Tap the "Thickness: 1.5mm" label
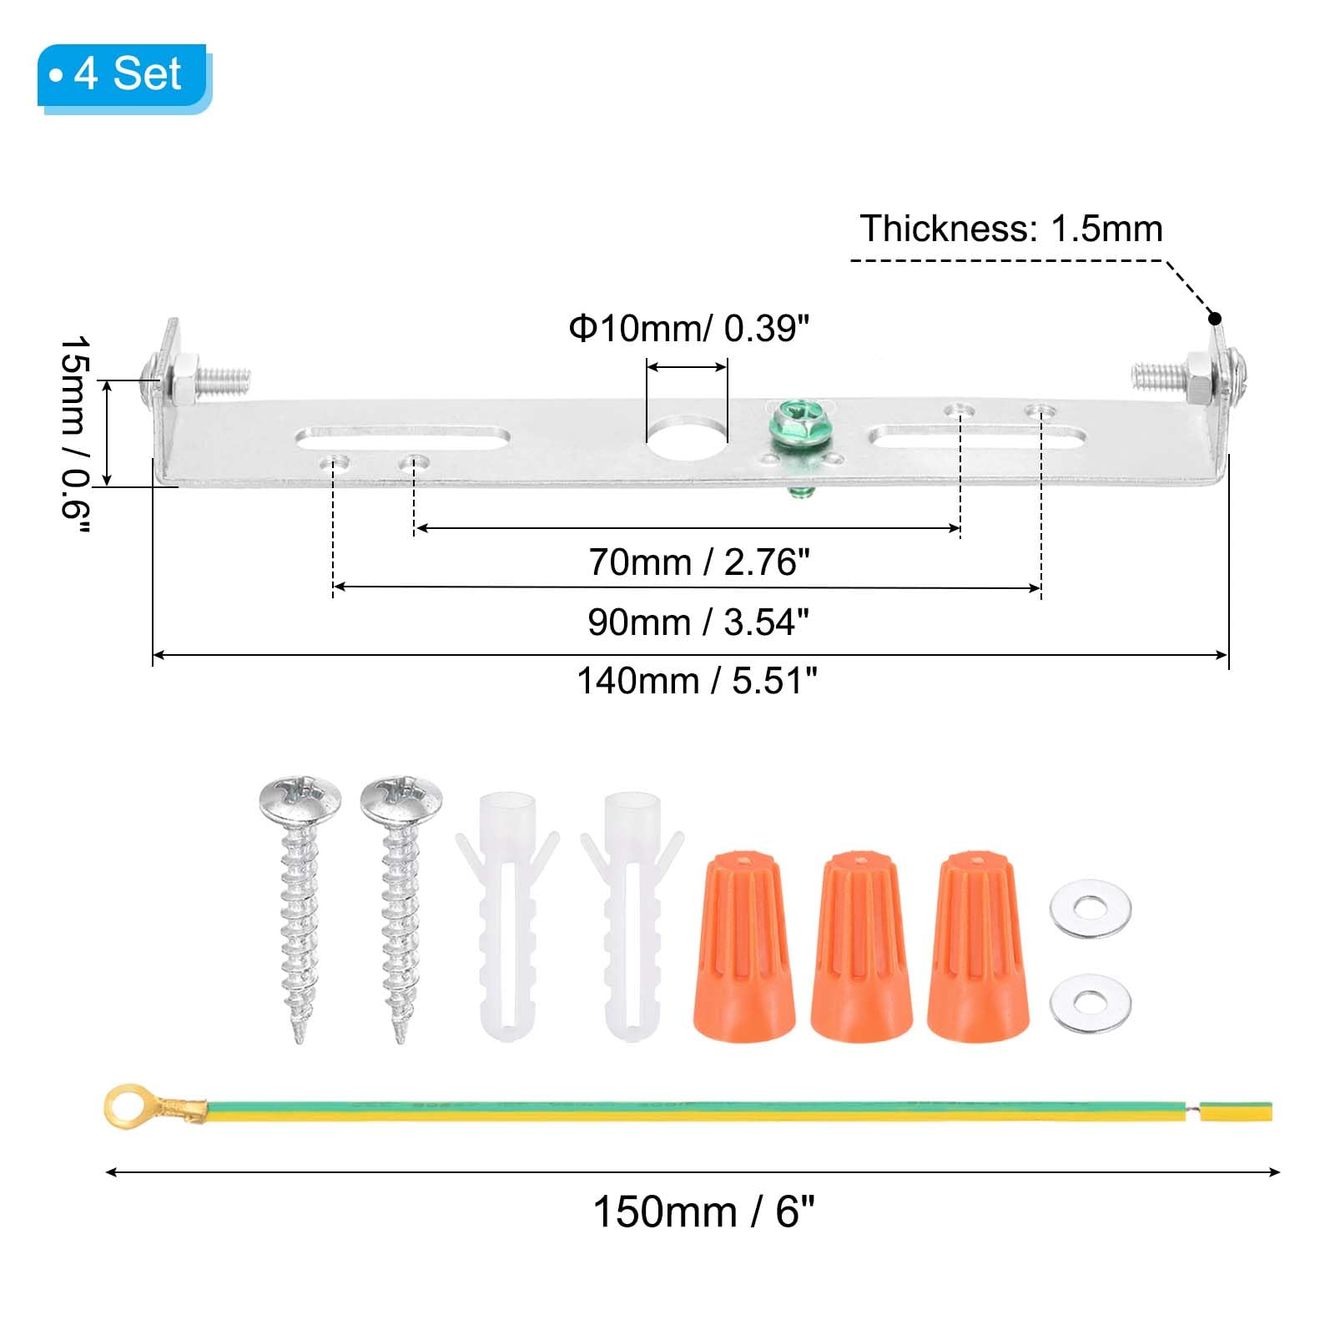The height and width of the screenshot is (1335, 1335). point(1011,229)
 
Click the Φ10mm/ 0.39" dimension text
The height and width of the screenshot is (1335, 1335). point(688,329)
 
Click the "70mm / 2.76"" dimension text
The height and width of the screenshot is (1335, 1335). point(699,562)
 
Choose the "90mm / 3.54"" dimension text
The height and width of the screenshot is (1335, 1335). point(698,622)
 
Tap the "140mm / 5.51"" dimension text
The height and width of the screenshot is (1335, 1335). point(697,681)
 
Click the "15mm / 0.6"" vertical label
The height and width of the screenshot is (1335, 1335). point(75,434)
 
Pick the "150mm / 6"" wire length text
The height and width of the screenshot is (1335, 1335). point(703,1212)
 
